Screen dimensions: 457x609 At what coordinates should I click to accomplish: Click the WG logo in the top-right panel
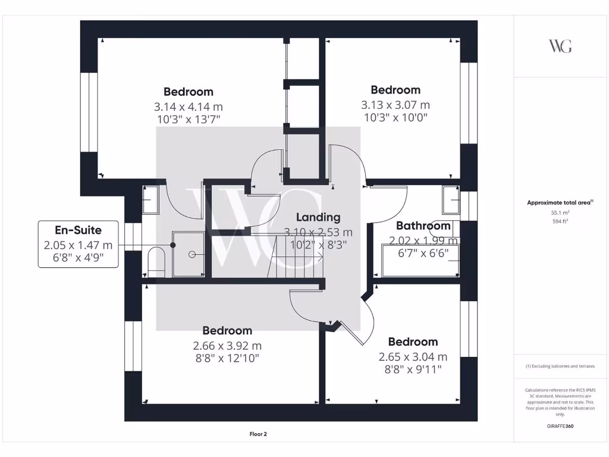[x=560, y=46]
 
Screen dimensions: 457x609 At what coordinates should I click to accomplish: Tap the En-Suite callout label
[x=78, y=230]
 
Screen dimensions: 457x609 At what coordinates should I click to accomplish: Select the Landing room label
[x=318, y=217]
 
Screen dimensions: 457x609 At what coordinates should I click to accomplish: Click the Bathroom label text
[x=423, y=226]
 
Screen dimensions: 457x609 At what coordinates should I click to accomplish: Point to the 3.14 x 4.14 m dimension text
[x=188, y=107]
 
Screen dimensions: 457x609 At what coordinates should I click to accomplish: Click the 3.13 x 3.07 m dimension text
[x=395, y=105]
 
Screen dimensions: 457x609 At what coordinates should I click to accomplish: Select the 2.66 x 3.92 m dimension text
[x=227, y=346]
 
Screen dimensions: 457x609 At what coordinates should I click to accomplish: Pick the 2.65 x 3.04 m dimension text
[x=413, y=357]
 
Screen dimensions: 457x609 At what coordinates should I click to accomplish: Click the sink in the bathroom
[x=451, y=200]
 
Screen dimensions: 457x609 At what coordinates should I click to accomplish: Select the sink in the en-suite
[x=150, y=200]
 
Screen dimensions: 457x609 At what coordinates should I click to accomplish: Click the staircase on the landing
[x=294, y=256]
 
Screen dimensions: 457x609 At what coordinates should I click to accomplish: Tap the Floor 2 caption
[x=258, y=434]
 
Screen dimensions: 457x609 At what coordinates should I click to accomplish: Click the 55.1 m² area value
[x=560, y=212]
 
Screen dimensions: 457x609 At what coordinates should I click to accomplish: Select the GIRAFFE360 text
[x=560, y=426]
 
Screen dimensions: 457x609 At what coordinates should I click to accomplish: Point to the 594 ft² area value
[x=560, y=221]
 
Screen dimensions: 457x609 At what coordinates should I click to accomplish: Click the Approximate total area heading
[x=559, y=203]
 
